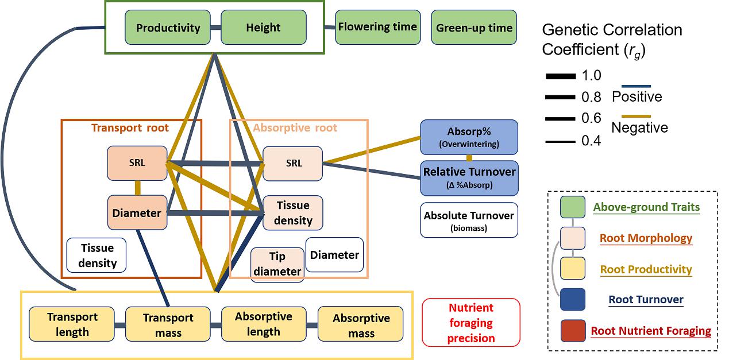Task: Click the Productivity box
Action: pos(168,28)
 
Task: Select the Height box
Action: pos(263,28)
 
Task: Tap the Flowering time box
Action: pos(377,27)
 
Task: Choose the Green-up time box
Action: pos(474,28)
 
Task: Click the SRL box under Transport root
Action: pos(137,162)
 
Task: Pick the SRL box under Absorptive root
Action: pos(293,163)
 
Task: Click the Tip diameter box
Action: pos(277,264)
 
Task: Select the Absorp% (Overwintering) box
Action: pos(469,137)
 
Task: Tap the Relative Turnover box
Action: pos(469,177)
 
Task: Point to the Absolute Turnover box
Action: pos(469,220)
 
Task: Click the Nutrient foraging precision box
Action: pos(471,323)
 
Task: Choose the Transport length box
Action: pos(72,324)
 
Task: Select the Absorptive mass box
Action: pos(361,326)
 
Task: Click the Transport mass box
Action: pos(168,325)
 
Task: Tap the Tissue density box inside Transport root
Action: pos(97,256)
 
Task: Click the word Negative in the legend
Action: pos(639,127)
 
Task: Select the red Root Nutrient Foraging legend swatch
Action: pos(573,331)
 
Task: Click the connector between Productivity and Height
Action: pos(215,28)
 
